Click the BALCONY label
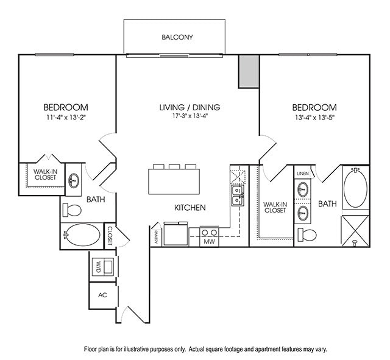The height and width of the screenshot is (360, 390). pos(177,37)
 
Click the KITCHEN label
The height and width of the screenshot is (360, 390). pos(190,208)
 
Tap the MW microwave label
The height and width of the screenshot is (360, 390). pos(210,241)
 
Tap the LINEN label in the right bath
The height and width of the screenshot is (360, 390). pos(303,174)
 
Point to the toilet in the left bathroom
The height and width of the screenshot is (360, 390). pos(72,211)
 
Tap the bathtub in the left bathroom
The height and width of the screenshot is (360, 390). pos(83,235)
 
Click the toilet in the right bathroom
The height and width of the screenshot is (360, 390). pos(307,235)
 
